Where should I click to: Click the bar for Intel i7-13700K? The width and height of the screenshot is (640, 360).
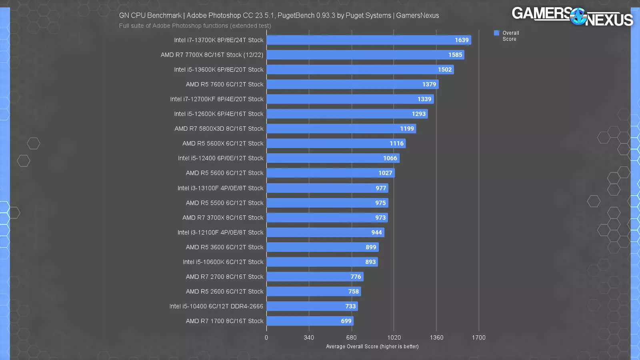368,40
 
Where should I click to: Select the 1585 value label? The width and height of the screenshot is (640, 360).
455,55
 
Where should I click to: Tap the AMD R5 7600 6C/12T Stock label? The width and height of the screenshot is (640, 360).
224,84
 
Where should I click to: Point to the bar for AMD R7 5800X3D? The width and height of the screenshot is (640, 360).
341,128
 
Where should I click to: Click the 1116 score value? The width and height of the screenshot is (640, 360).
396,143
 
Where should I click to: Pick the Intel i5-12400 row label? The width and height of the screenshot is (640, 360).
220,158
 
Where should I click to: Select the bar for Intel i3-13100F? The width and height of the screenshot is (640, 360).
327,188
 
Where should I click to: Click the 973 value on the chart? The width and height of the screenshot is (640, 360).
380,218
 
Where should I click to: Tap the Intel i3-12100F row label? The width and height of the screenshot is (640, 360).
220,232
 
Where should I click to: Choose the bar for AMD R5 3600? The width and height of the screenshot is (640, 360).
322,247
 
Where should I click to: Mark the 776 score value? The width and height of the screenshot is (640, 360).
356,277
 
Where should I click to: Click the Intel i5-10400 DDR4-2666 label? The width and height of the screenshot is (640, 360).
216,306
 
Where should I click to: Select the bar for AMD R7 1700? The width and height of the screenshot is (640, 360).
310,321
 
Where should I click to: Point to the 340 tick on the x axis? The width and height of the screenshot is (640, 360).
309,338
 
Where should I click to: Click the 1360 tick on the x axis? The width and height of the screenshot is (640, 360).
436,338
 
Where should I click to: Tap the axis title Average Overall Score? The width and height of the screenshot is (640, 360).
372,346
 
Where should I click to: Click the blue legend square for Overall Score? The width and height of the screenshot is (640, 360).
496,33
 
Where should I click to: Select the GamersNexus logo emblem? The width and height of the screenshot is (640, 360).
578,16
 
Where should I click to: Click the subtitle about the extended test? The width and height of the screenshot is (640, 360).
195,26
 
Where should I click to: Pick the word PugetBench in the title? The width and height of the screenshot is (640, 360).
296,16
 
